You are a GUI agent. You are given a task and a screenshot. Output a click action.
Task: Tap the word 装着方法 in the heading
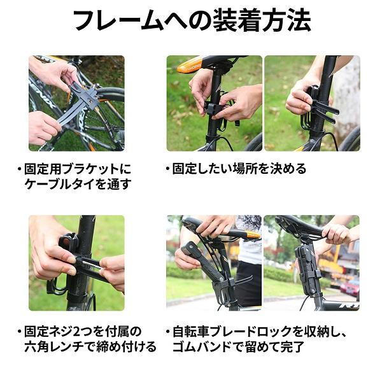pos(262,20)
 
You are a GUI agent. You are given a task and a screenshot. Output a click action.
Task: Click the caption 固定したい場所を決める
pos(239,169)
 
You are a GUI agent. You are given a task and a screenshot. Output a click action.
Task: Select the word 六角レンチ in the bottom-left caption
pos(54,346)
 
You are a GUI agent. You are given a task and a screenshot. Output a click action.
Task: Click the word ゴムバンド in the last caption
pos(202,346)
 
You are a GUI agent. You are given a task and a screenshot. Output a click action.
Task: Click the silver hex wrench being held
pos(90,264)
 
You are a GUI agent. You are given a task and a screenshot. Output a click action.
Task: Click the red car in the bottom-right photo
pos(350,287)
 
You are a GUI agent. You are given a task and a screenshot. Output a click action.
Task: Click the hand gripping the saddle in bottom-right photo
pos(339,234)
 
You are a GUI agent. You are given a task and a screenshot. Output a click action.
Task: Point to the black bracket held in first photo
pos(84,94)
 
